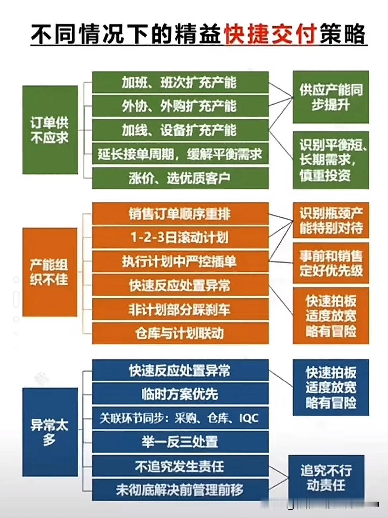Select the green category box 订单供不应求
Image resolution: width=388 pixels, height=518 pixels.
click(x=50, y=130)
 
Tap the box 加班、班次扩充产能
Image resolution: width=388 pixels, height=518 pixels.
click(x=180, y=82)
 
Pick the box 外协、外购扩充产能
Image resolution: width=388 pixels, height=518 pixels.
click(x=180, y=106)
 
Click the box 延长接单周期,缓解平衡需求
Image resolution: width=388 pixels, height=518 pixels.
click(x=180, y=154)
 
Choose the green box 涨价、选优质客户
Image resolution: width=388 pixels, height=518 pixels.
click(x=180, y=178)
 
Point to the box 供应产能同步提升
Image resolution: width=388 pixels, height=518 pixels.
click(x=331, y=97)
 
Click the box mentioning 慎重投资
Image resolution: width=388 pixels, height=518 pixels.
click(x=331, y=160)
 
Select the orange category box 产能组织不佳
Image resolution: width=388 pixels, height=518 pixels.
click(x=50, y=272)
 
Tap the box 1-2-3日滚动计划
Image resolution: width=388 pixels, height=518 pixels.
click(x=180, y=238)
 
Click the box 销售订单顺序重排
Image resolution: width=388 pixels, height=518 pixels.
click(x=180, y=214)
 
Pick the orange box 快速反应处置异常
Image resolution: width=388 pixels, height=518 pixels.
click(x=180, y=285)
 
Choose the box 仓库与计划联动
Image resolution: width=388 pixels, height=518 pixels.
click(x=180, y=333)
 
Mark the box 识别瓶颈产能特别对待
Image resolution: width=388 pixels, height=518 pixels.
click(x=331, y=220)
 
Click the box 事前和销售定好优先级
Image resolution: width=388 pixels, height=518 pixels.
click(x=331, y=263)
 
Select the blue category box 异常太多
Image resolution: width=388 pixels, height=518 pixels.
click(x=50, y=432)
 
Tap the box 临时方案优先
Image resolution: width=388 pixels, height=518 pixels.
click(x=180, y=394)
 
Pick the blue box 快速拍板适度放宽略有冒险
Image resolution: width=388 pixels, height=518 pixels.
click(x=331, y=387)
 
